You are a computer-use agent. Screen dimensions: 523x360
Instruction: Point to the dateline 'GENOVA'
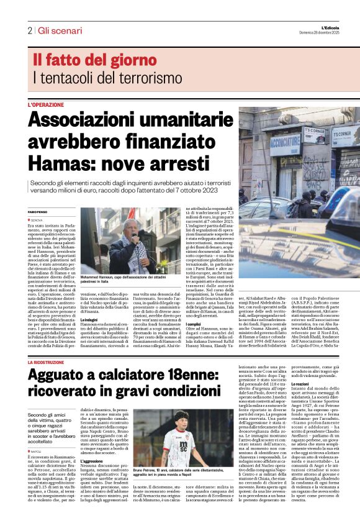(x=36, y=220)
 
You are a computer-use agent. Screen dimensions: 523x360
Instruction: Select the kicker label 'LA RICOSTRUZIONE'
(x=49, y=362)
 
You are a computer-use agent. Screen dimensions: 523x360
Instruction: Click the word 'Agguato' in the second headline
(x=59, y=375)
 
